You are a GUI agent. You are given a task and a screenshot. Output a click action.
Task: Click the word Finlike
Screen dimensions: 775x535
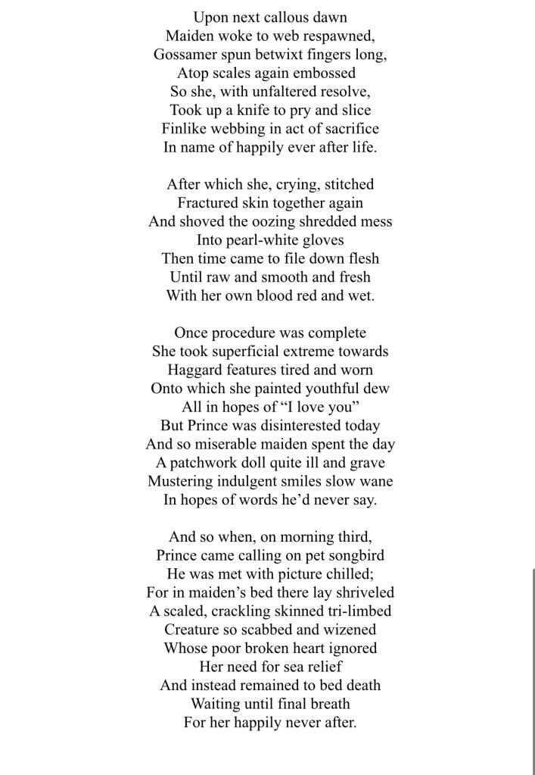tap(190, 129)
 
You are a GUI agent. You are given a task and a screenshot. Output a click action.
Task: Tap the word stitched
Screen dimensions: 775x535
tap(349, 184)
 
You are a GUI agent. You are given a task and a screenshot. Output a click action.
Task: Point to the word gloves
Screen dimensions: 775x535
tap(322, 240)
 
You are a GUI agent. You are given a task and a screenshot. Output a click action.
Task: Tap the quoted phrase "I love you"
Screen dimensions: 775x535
tap(312, 407)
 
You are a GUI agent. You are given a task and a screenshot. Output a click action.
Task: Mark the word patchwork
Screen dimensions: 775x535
tap(206, 463)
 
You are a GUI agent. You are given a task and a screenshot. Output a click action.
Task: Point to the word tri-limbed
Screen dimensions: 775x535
tap(356, 611)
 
